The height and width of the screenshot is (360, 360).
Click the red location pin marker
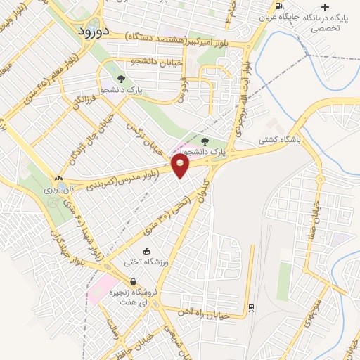pyautogui.click(x=181, y=166)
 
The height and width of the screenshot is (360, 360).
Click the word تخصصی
pyautogui.click(x=326, y=29)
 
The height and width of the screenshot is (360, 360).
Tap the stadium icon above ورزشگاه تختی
pyautogui.click(x=146, y=251)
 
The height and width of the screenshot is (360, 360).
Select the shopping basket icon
pyautogui.click(x=133, y=281)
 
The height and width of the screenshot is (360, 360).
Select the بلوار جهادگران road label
pyautogui.click(x=70, y=246)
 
